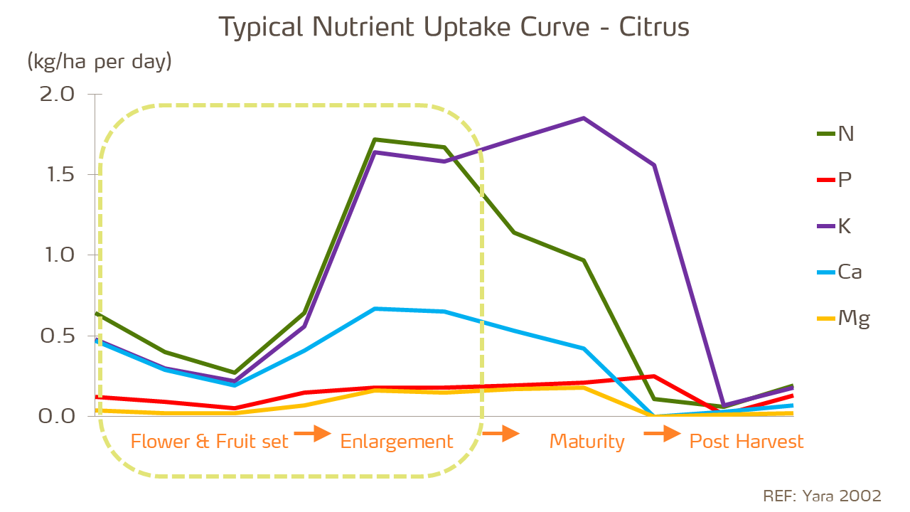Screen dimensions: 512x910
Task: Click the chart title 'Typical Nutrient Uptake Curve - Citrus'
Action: tap(454, 28)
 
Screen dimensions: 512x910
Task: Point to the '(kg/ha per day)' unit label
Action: tap(100, 62)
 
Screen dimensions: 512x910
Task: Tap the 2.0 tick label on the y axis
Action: tap(57, 95)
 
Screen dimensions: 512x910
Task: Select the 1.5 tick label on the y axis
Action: tap(57, 175)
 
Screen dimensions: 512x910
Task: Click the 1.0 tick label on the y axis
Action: tap(57, 255)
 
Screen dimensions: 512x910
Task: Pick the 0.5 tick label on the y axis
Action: tap(57, 336)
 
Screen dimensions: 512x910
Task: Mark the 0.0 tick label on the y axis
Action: tap(57, 416)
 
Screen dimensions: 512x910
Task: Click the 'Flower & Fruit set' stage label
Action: tap(210, 442)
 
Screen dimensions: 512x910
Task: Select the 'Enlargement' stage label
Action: tap(397, 442)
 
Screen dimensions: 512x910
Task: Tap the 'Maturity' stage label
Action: tap(587, 442)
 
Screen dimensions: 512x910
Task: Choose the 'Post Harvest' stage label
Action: tap(746, 442)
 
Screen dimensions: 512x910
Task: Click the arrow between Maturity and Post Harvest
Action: tap(663, 434)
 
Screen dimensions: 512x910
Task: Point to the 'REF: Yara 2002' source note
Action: tap(822, 496)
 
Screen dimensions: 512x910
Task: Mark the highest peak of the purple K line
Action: tap(584, 118)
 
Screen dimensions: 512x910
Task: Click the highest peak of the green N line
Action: tap(375, 139)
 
